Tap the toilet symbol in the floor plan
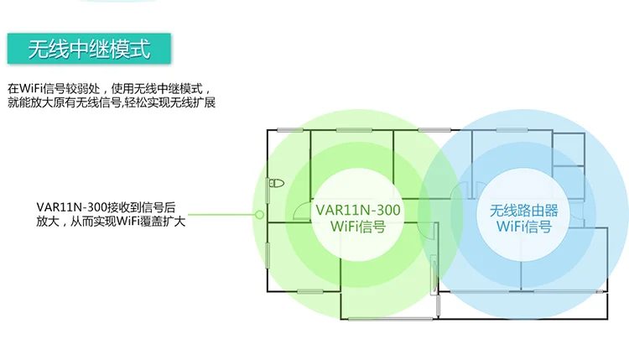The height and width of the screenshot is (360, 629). (x=277, y=183)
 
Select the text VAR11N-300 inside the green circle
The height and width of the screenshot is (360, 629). (x=358, y=210)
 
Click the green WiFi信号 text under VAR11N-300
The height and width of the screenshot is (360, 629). (x=358, y=226)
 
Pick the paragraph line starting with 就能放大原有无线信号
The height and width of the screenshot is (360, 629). (x=117, y=103)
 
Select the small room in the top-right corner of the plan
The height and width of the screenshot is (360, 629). (x=569, y=148)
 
